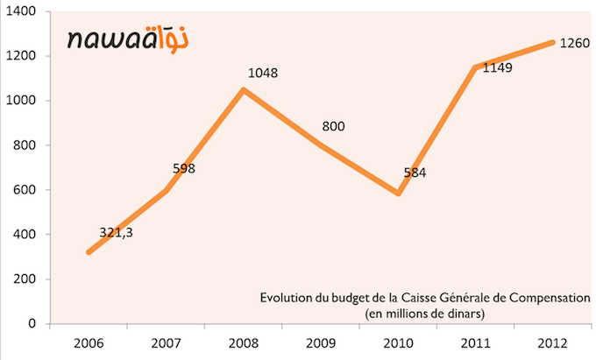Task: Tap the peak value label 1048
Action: pyautogui.click(x=262, y=74)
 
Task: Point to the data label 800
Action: pyautogui.click(x=333, y=127)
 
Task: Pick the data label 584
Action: pyautogui.click(x=415, y=173)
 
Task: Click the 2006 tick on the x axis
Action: pyautogui.click(x=89, y=340)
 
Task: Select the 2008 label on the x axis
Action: pyautogui.click(x=243, y=340)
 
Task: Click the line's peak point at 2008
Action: pyautogui.click(x=243, y=89)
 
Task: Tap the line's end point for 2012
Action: pyautogui.click(x=551, y=42)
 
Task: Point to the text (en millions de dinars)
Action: pyautogui.click(x=425, y=312)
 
